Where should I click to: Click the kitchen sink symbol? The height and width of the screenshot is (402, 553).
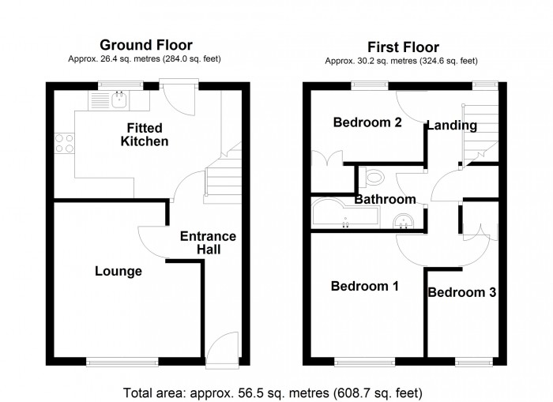point(111,100)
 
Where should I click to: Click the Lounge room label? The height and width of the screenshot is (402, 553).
point(118,272)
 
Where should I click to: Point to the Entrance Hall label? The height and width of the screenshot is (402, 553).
point(208,242)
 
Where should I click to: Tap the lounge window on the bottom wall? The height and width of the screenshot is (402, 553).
point(122,363)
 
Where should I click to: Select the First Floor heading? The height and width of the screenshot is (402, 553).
point(403,47)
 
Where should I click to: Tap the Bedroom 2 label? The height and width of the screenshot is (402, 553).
point(367,122)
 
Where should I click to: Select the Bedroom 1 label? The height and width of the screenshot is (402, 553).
point(365,286)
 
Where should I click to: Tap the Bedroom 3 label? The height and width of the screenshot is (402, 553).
point(462,292)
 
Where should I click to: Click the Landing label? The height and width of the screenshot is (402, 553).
point(452,125)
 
